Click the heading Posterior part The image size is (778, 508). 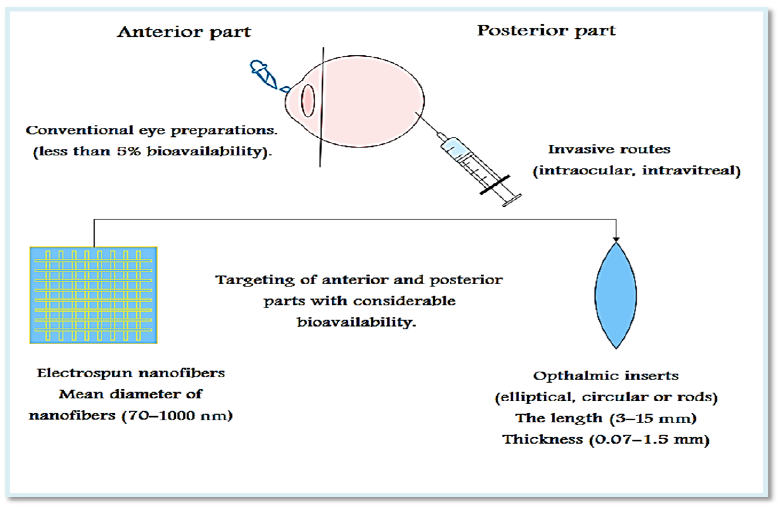pos(546,31)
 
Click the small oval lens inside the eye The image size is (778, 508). pos(308,100)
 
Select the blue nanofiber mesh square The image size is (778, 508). pos(93,295)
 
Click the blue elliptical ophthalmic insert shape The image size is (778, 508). pos(615,295)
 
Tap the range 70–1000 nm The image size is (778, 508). pos(177,416)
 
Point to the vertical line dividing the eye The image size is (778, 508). pos(322,108)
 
